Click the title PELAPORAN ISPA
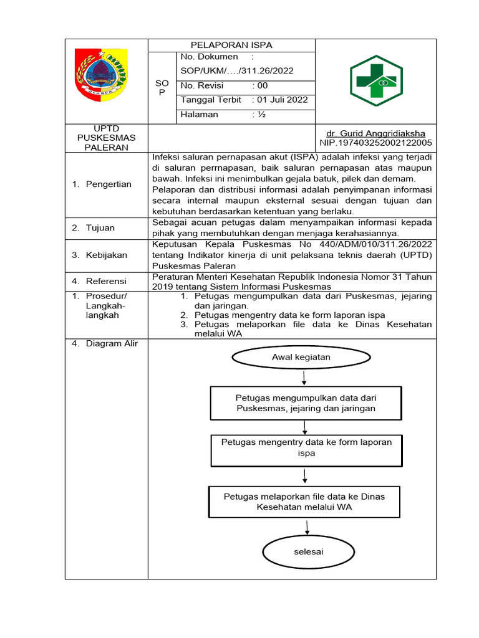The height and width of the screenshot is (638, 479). coord(231,45)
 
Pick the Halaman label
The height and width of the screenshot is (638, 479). coord(200,114)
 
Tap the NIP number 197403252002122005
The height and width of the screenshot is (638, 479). coord(376,143)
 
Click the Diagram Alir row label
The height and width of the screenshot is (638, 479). coord(107,343)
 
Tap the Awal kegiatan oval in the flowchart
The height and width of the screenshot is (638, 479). coord(301,357)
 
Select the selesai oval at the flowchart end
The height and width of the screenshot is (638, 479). coord(308,552)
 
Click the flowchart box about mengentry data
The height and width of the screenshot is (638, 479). coord(306,447)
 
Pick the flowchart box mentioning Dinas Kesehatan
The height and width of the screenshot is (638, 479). coord(304,502)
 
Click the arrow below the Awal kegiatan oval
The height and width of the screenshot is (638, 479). coord(303,378)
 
